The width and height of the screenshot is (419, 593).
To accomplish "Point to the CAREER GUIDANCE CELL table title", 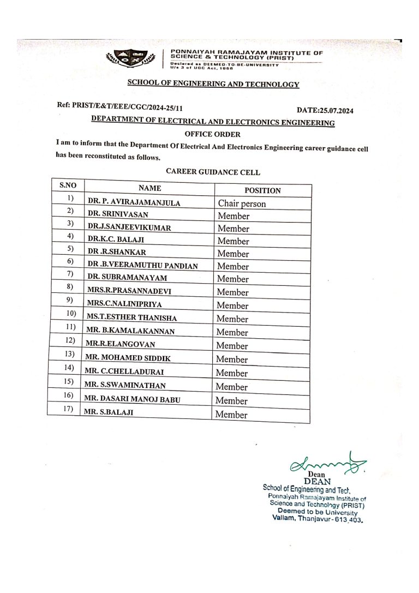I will coord(213,172).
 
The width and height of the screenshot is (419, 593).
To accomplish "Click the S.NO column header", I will coord(68,185).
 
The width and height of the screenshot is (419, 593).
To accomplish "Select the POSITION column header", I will coord(262,190).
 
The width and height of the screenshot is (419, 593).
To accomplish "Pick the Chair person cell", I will coord(242,203).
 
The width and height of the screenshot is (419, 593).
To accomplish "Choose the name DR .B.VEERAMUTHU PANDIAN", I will coord(142,266).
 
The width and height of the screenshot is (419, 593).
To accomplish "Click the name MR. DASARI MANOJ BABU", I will coord(131,399).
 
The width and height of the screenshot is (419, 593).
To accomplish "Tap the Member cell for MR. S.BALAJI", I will coord(231,415).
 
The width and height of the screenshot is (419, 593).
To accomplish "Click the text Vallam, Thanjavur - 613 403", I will coord(317,519).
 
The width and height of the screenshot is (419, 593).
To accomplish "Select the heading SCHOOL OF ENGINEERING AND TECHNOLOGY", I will coord(213,84).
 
